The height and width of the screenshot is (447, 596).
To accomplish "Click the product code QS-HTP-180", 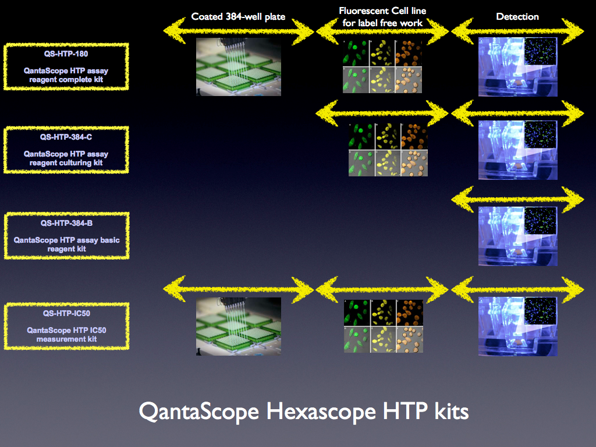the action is pyautogui.click(x=66, y=54).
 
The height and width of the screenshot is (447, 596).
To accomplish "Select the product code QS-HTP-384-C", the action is pyautogui.click(x=66, y=137).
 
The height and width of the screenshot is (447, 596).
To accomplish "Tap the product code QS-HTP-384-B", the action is pyautogui.click(x=66, y=223).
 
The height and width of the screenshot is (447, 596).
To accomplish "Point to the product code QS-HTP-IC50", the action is pyautogui.click(x=66, y=314).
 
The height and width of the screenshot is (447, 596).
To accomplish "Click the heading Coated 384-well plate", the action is pyautogui.click(x=238, y=17).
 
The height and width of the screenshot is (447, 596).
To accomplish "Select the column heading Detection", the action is pyautogui.click(x=517, y=17).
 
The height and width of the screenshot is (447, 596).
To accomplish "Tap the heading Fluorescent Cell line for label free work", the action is pyautogui.click(x=382, y=17).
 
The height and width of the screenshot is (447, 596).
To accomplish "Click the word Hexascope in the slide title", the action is pyautogui.click(x=322, y=411).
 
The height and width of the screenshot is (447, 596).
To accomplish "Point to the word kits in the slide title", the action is pyautogui.click(x=452, y=411).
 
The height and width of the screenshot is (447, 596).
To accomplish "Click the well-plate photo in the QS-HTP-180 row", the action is pyautogui.click(x=239, y=66).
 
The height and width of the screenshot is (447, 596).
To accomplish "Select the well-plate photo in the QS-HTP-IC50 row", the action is pyautogui.click(x=239, y=327).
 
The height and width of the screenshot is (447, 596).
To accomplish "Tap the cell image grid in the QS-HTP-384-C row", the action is pyautogui.click(x=388, y=150).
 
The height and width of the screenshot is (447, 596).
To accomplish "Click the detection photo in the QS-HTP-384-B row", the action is pyautogui.click(x=517, y=236).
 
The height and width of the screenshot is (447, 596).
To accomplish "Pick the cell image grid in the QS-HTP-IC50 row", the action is pyautogui.click(x=384, y=326).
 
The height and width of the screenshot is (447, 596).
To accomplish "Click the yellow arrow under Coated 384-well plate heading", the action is pyautogui.click(x=239, y=31).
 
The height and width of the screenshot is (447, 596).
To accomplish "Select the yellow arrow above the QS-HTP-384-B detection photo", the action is pyautogui.click(x=517, y=199).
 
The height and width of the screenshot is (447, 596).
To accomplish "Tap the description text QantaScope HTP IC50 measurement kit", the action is pyautogui.click(x=66, y=335).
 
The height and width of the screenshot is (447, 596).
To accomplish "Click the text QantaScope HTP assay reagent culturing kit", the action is pyautogui.click(x=66, y=158).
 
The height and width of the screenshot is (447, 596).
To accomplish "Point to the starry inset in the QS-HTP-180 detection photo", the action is pyautogui.click(x=540, y=51).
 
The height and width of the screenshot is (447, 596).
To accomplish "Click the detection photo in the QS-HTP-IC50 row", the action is pyautogui.click(x=517, y=327).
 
